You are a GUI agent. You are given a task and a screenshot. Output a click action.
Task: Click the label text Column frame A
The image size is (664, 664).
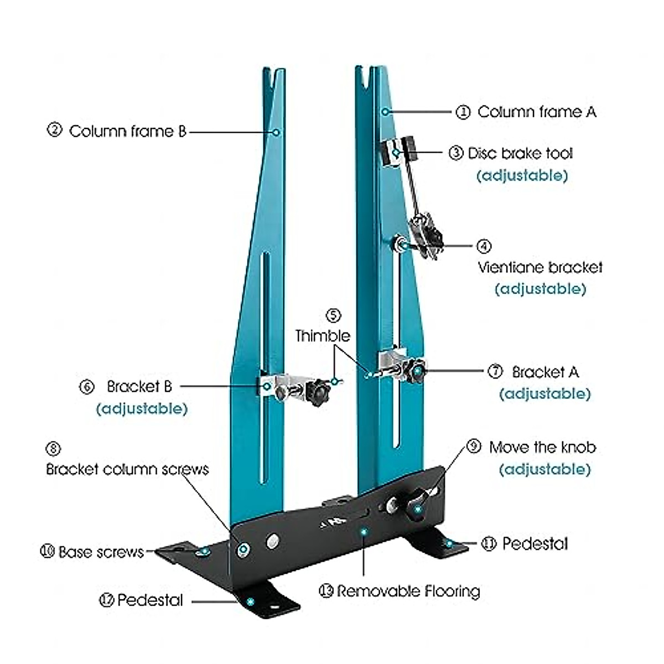pos(537,112)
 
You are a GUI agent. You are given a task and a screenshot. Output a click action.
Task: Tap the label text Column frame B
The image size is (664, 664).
pos(127,132)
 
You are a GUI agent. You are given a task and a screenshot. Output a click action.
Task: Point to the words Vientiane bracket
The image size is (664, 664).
pos(540,268)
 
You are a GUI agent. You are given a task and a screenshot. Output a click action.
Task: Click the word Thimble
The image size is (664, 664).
pos(323,336)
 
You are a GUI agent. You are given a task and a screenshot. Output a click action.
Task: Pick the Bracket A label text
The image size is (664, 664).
pos(545,372)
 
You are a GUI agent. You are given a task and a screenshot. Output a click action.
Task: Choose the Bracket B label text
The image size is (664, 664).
pos(139,386)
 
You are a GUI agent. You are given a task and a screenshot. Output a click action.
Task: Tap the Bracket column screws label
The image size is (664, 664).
pos(127,470)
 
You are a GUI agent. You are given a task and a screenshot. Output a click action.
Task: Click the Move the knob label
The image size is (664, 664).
pos(542,447)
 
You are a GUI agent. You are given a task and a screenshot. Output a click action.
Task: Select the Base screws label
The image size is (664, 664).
pos(101,552)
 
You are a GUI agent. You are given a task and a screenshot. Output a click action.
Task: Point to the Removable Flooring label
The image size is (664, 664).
pos(408,592)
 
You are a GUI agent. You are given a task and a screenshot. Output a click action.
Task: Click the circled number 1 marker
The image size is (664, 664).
pos(463,112)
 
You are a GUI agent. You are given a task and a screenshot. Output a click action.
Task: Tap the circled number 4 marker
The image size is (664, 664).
pos(484,246)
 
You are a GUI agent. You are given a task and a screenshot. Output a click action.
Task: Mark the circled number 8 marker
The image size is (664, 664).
pos(53,449)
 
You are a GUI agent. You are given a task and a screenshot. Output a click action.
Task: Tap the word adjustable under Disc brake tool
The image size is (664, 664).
pos(522,176)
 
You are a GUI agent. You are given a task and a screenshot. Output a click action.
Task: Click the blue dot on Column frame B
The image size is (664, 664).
pos(277,132)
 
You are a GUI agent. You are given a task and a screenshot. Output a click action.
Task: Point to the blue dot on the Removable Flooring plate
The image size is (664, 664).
pos(364,532)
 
